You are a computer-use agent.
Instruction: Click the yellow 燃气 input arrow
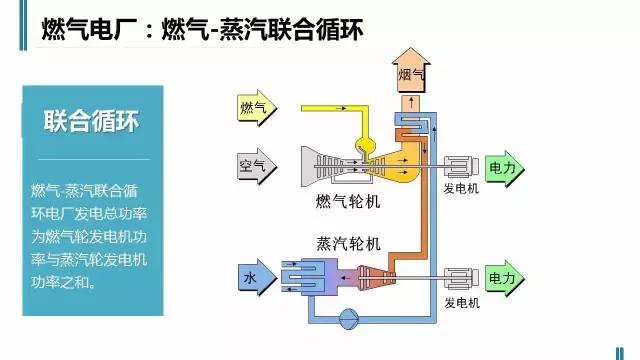pyautogui.click(x=256, y=107)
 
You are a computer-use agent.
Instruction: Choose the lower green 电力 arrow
pyautogui.click(x=504, y=277)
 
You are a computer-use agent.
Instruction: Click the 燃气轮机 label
pyautogui.click(x=347, y=202)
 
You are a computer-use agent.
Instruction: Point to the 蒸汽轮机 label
pyautogui.click(x=347, y=243)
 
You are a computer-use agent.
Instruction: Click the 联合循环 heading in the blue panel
pyautogui.click(x=90, y=122)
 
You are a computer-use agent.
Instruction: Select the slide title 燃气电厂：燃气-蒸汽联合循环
pyautogui.click(x=200, y=31)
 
